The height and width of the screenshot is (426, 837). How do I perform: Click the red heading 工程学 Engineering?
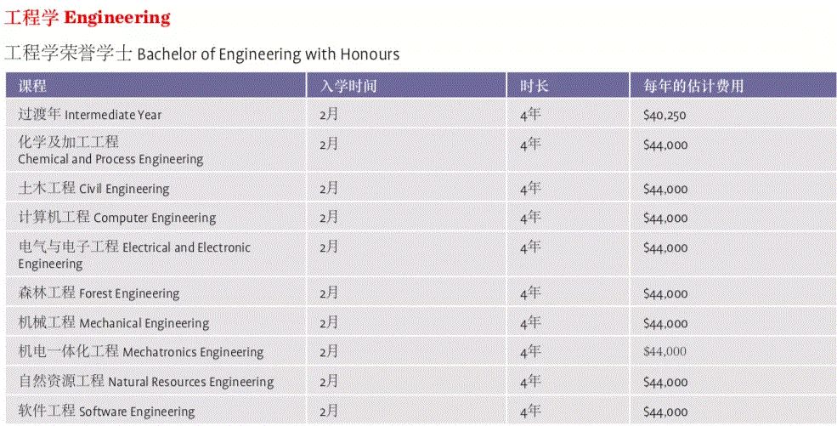click(x=88, y=17)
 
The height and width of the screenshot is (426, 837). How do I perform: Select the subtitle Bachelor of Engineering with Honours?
click(x=202, y=54)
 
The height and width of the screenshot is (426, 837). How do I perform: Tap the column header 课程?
click(x=33, y=86)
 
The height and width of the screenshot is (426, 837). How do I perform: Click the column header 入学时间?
click(x=348, y=86)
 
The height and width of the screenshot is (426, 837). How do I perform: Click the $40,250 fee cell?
click(x=665, y=116)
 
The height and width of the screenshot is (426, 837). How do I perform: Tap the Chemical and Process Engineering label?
click(x=110, y=151)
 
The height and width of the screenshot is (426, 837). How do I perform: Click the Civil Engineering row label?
click(x=94, y=189)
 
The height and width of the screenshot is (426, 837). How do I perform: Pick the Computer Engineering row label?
click(x=117, y=218)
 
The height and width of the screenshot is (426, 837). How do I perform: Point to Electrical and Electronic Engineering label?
click(x=134, y=255)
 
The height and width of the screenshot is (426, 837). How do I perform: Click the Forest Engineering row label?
click(x=99, y=293)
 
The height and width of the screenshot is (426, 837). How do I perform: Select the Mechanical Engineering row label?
click(x=114, y=323)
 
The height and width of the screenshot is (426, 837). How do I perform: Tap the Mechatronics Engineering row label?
click(x=141, y=352)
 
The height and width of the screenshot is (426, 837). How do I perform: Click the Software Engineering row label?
click(x=106, y=412)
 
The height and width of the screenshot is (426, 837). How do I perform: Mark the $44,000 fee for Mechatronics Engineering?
click(x=665, y=352)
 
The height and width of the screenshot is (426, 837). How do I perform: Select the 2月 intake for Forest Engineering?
click(x=329, y=293)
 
